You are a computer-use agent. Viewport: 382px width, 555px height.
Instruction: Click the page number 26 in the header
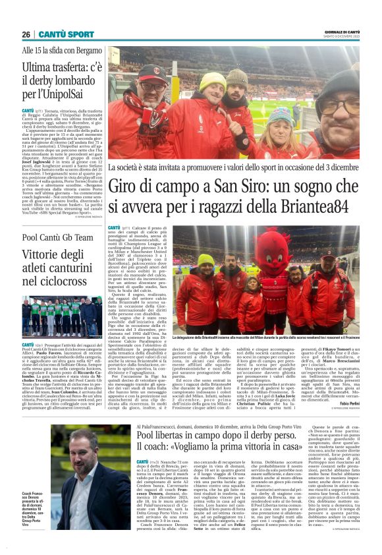tap(26, 34)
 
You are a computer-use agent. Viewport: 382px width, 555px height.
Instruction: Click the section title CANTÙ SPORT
tap(65, 34)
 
